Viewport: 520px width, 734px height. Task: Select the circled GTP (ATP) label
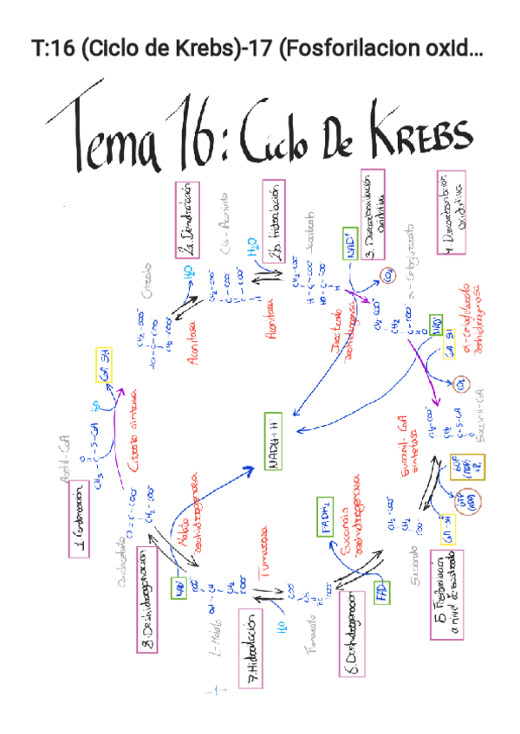(x=473, y=500)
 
